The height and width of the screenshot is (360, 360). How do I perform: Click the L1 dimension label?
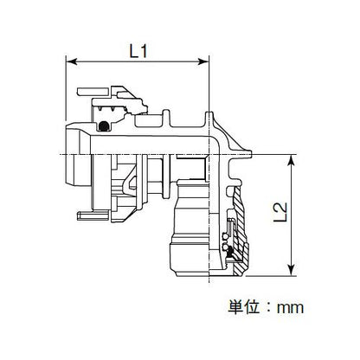point(138,52)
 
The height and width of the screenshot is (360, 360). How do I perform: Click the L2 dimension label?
point(280,212)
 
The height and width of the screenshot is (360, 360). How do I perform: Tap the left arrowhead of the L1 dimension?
point(72,61)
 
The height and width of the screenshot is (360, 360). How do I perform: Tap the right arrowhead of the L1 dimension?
point(202,61)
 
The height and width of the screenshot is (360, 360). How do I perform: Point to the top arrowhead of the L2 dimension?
point(292,160)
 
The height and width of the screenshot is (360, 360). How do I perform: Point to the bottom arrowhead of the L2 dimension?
point(292,270)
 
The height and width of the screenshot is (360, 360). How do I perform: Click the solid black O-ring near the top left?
point(103,125)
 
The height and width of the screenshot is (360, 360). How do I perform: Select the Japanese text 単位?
point(243,307)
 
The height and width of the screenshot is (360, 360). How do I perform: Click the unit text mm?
point(290,308)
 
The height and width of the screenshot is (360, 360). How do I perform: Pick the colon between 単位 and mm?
point(268,307)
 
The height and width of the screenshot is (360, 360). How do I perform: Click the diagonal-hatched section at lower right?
point(240,231)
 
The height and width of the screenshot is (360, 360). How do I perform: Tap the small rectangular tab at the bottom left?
point(93,215)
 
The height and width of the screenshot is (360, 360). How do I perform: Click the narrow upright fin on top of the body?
point(166,118)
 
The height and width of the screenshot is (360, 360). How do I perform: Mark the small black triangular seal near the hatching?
point(230,254)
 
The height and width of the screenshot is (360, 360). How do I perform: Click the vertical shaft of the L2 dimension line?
point(292,215)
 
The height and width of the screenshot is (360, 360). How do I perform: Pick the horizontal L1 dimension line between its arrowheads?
point(138,61)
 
